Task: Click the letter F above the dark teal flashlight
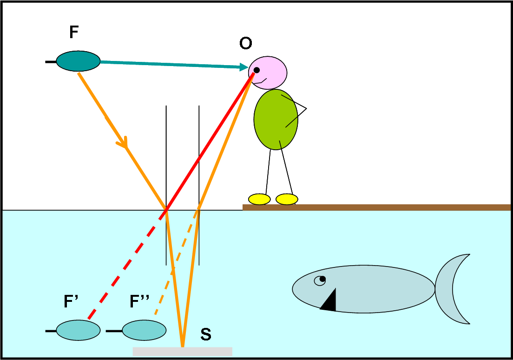click(x=74, y=32)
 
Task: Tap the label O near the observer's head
click(x=245, y=44)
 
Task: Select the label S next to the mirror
click(x=206, y=334)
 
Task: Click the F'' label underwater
click(x=139, y=303)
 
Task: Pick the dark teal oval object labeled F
click(x=78, y=61)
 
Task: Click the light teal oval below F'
click(x=78, y=330)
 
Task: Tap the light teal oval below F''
click(x=144, y=330)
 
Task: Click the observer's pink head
click(x=270, y=73)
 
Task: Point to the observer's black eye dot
click(x=256, y=70)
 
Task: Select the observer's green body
click(x=276, y=120)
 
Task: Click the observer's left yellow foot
click(x=259, y=200)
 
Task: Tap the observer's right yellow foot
click(x=287, y=200)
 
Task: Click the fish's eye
click(x=320, y=280)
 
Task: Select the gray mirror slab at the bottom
click(x=182, y=352)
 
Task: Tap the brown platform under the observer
click(x=376, y=207)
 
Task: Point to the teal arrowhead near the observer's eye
click(x=243, y=67)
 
